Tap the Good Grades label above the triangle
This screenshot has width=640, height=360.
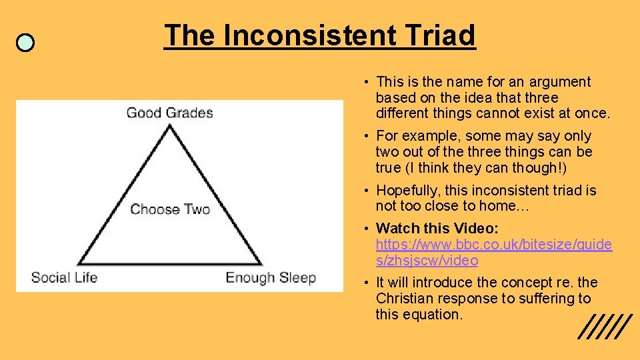click(169, 112)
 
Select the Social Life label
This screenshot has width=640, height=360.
click(64, 277)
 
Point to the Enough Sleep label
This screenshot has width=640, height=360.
click(270, 277)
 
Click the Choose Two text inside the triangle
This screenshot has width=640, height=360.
click(170, 209)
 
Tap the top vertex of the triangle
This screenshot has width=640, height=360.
click(171, 125)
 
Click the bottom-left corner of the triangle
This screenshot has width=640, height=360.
click(81, 264)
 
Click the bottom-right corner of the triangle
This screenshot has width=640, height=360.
click(261, 264)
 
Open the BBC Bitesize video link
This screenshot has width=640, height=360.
click(493, 252)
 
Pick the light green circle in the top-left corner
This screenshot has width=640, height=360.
click(25, 43)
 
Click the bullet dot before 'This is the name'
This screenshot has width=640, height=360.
click(367, 82)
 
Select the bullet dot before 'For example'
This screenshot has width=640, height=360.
click(367, 136)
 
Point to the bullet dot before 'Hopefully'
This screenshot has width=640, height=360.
click(367, 191)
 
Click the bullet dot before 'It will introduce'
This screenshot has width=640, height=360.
click(367, 283)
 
